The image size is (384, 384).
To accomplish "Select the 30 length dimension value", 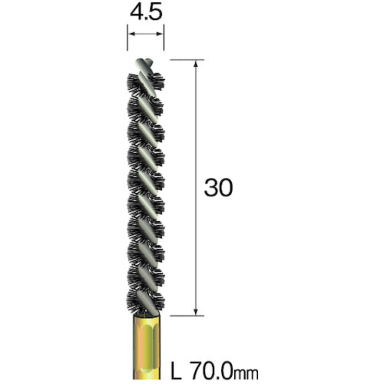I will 218,188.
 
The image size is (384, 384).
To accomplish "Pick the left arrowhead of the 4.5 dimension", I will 131,34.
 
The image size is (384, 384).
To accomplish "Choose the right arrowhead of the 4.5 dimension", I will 161,34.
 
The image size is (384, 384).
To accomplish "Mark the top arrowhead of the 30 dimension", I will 196,64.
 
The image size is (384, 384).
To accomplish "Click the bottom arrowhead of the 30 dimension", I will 196,312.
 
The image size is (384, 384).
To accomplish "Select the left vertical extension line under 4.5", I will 128,41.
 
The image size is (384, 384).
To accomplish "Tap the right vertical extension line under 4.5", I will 164,41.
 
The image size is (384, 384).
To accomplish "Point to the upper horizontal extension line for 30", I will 185,60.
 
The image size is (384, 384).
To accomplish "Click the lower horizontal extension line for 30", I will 185,316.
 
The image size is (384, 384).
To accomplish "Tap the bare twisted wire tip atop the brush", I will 144,64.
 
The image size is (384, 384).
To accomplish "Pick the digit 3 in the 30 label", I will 211,188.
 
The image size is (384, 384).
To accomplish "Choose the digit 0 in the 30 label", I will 225,188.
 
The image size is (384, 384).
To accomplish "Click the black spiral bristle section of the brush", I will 146,192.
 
